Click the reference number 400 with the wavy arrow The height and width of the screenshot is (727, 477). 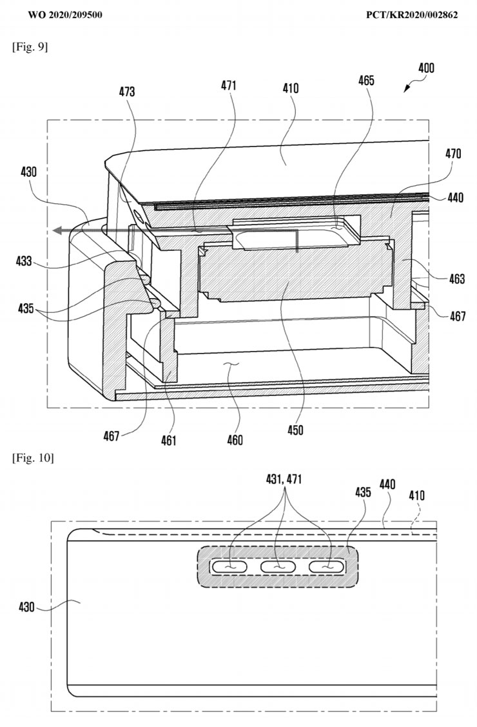pyautogui.click(x=426, y=68)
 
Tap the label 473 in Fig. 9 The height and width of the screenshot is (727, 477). pyautogui.click(x=127, y=92)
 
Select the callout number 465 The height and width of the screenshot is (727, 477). pyautogui.click(x=366, y=80)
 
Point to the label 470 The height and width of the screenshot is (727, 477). pyautogui.click(x=453, y=153)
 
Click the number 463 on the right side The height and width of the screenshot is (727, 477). pyautogui.click(x=456, y=279)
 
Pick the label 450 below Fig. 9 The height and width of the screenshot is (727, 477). pyautogui.click(x=295, y=430)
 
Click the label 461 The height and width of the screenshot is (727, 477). pyautogui.click(x=169, y=440)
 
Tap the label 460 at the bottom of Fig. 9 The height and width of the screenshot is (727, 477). pyautogui.click(x=235, y=439)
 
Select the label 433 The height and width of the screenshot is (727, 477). pyautogui.click(x=24, y=261)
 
